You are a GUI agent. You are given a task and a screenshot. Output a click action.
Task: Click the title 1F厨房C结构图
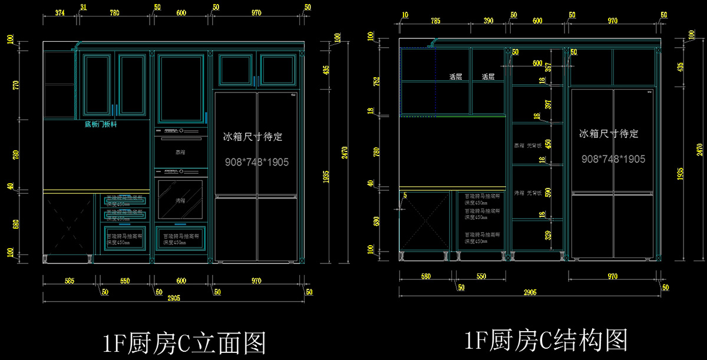tap(545, 340)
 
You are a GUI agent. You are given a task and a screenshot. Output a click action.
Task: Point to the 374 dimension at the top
tap(60, 12)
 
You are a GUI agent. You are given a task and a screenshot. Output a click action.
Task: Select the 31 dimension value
tap(83, 8)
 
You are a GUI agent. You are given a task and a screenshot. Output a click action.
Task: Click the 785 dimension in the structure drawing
tap(435, 21)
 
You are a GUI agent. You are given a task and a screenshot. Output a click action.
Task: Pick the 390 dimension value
tap(488, 21)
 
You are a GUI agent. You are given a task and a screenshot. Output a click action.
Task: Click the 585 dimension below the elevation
tap(69, 282)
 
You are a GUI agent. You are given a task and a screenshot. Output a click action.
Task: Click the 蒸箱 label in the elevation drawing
tap(180, 152)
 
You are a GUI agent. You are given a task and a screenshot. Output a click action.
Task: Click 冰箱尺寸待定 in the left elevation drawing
tap(253, 137)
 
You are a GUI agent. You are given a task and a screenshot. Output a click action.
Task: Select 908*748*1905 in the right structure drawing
tap(613, 159)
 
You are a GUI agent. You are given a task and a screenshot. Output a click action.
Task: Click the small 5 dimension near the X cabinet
tap(405, 195)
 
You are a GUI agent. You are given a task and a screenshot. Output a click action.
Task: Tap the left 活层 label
tap(455, 77)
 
